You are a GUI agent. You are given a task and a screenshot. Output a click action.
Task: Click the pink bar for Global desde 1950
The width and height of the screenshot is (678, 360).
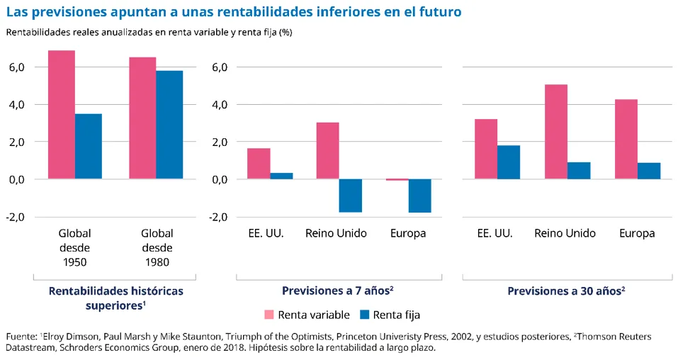point(62,115)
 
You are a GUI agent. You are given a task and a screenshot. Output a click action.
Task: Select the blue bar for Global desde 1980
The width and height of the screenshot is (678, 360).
point(169,125)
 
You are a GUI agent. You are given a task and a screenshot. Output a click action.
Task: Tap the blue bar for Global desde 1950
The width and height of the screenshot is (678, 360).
point(89,146)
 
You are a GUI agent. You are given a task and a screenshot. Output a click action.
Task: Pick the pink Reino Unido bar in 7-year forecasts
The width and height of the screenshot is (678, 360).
point(327,151)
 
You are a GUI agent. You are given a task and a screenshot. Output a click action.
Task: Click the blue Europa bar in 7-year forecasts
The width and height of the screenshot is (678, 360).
point(419,196)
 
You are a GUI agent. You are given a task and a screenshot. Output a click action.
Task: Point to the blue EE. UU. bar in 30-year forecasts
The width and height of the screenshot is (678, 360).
point(508,162)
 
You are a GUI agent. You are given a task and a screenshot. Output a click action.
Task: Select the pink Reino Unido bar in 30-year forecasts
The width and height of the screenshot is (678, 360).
point(556,132)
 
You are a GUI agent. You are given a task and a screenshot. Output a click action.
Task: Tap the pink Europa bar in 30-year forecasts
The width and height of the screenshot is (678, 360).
point(626,139)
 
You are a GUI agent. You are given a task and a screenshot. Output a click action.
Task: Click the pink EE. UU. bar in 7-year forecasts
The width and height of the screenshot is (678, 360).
point(259,164)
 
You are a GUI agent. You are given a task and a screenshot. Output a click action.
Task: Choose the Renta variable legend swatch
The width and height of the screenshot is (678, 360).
point(269,315)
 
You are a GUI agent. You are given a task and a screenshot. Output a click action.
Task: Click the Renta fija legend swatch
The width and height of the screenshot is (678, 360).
point(366,315)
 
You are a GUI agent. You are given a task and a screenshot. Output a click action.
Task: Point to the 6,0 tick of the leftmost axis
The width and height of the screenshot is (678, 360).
point(16,67)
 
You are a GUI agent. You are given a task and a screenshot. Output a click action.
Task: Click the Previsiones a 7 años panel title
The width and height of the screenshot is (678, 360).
point(337,291)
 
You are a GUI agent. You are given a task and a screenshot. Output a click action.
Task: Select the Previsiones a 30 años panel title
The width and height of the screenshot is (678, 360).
point(566,291)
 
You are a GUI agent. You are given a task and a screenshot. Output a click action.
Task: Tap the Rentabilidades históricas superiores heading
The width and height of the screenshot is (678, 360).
point(115,298)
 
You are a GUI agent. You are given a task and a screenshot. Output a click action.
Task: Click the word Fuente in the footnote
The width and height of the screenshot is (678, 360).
point(21,336)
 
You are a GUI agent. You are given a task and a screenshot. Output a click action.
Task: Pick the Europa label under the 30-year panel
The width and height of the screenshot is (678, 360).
point(637,233)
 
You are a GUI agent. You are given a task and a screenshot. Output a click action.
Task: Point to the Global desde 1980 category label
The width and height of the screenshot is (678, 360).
point(157,247)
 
